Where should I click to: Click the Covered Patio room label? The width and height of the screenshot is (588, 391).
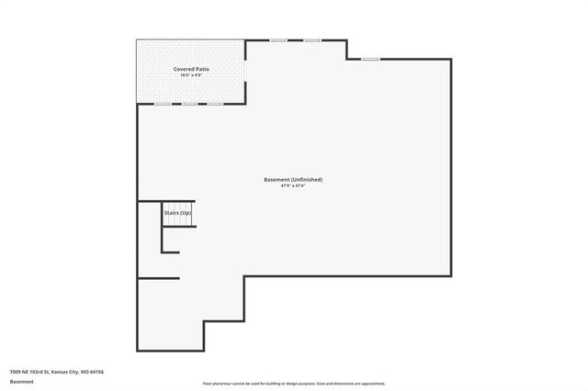(190, 69)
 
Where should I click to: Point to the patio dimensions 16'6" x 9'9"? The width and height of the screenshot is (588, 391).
(190, 75)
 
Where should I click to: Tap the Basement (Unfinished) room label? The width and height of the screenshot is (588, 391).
(293, 179)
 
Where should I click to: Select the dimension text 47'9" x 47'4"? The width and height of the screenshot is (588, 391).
(293, 186)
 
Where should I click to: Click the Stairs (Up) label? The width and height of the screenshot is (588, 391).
(177, 213)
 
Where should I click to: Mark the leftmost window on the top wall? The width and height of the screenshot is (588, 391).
(277, 39)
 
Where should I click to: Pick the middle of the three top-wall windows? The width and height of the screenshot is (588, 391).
(311, 39)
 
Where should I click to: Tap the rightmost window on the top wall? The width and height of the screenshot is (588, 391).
(369, 59)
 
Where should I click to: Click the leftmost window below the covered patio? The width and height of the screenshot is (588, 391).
(163, 104)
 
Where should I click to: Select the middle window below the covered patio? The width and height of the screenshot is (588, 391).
(189, 104)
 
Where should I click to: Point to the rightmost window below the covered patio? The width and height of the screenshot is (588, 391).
(215, 104)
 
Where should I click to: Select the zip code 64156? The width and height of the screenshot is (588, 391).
(96, 372)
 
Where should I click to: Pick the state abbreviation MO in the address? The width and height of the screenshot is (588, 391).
(83, 372)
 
